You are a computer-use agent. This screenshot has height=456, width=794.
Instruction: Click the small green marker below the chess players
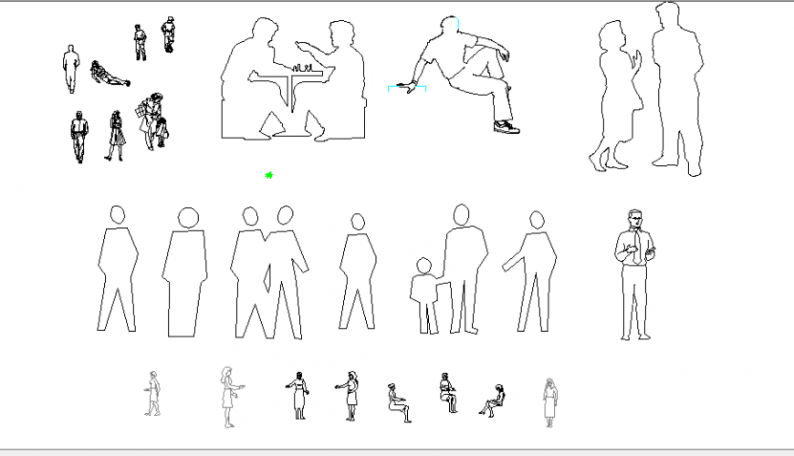[x=269, y=174]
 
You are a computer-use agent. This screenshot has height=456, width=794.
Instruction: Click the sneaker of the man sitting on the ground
[x=506, y=127]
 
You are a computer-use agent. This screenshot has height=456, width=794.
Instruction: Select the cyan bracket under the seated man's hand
[x=407, y=88]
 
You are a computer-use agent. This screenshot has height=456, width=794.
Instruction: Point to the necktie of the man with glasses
[x=635, y=245]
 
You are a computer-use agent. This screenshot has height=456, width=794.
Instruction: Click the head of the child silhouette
[x=423, y=265]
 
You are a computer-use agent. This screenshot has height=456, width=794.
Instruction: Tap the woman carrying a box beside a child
[x=149, y=119]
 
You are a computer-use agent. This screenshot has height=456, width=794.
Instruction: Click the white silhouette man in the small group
[x=71, y=69]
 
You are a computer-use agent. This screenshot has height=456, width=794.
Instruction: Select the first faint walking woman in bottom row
[x=153, y=394]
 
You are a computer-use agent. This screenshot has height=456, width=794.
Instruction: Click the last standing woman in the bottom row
[x=549, y=401]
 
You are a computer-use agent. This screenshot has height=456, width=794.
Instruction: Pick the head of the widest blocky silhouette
[x=188, y=218]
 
